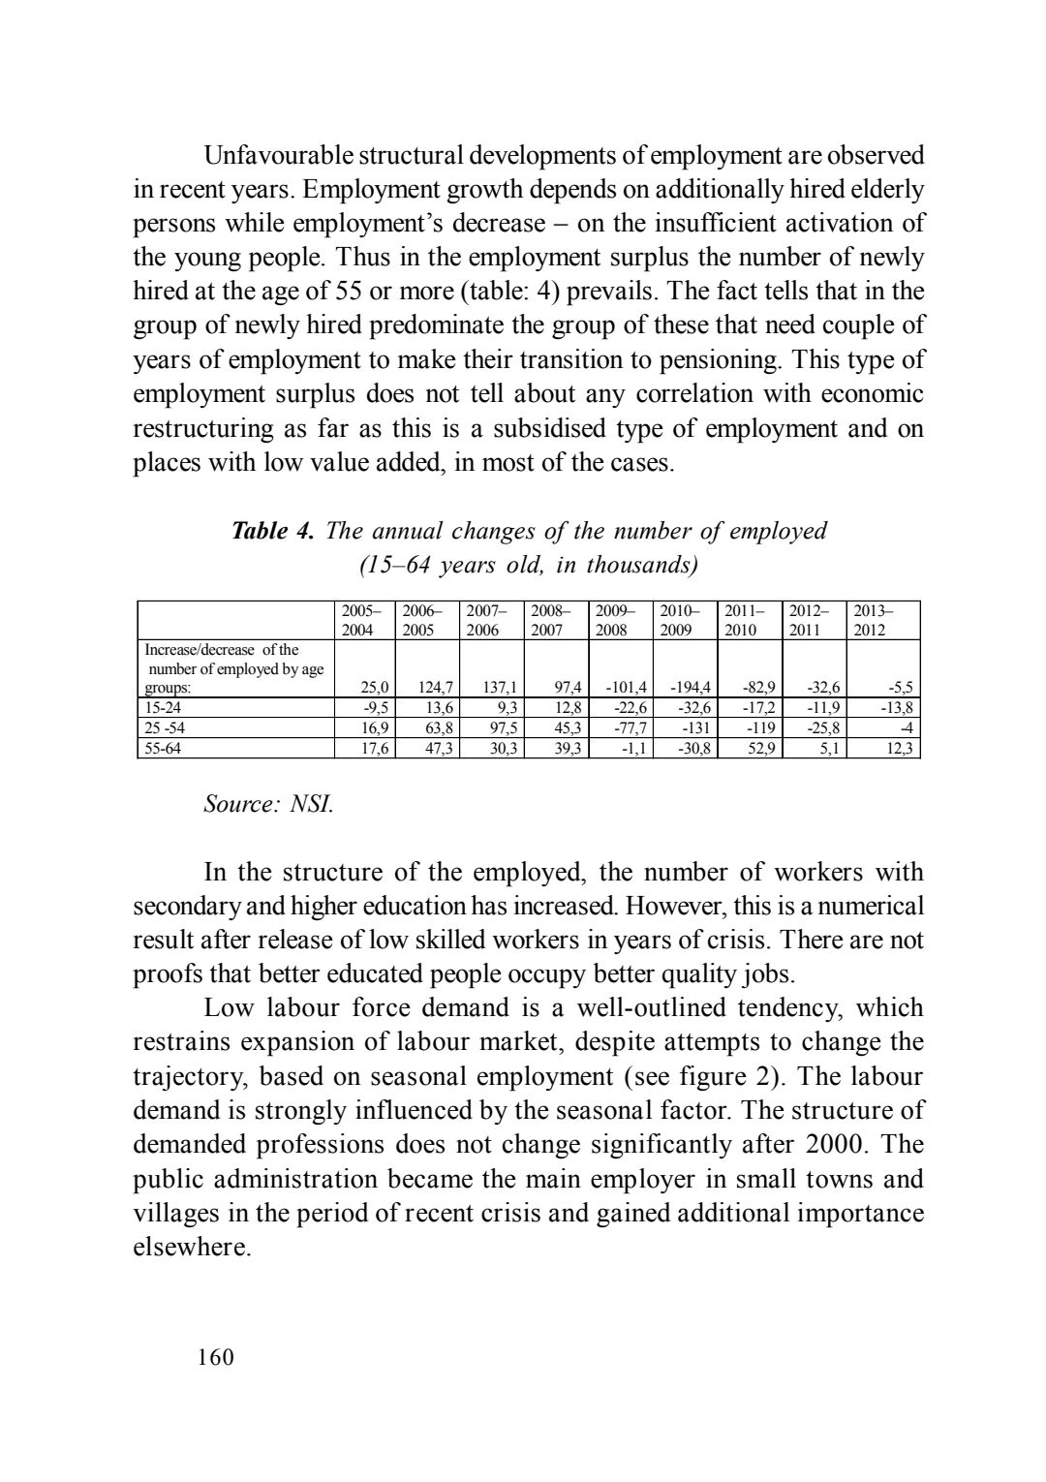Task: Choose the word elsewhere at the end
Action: coord(191,1248)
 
